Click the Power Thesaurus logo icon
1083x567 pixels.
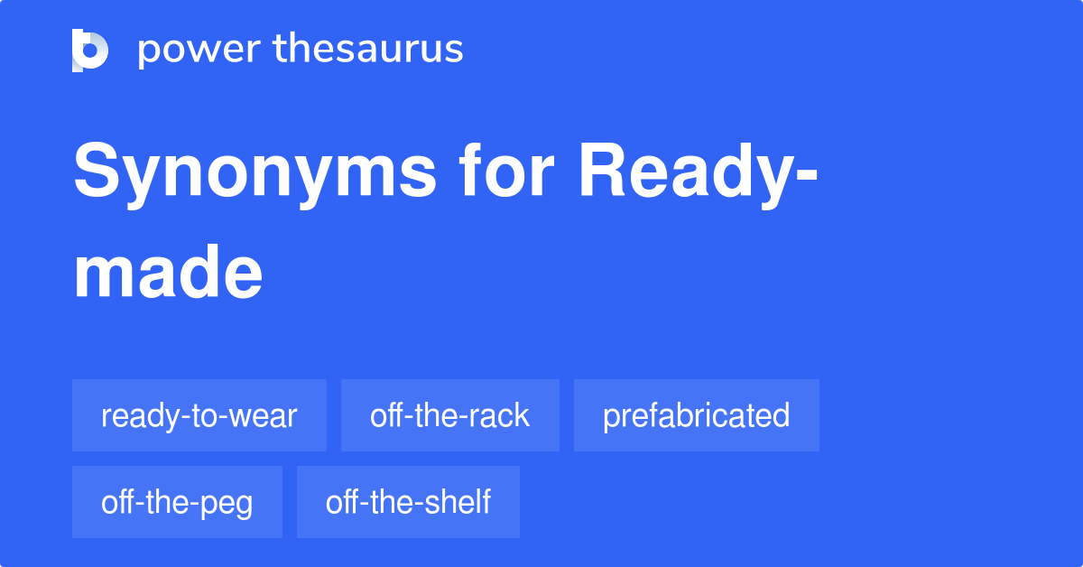(x=90, y=51)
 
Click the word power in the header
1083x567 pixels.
(x=199, y=51)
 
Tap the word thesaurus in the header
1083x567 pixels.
(x=368, y=48)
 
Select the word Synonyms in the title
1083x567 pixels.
(x=255, y=176)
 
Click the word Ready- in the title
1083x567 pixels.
(x=699, y=176)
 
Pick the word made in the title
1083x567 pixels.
(x=168, y=272)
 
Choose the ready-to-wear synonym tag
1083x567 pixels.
(x=199, y=415)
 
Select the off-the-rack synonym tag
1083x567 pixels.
(x=450, y=415)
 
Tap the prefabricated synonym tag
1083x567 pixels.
(x=696, y=415)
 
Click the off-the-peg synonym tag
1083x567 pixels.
(x=177, y=502)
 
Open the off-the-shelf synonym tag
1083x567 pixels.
(x=408, y=502)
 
